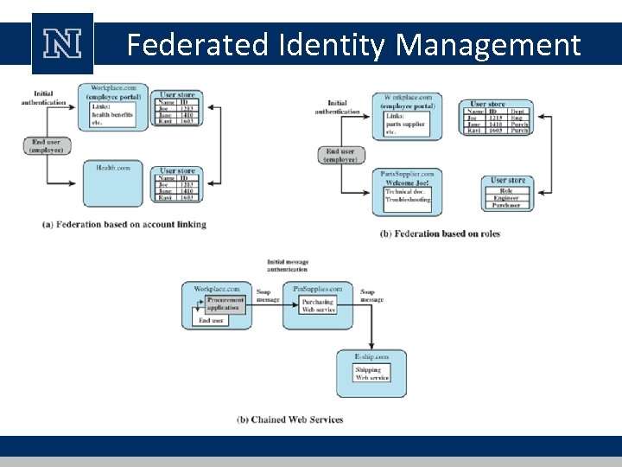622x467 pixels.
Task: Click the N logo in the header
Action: coord(62,44)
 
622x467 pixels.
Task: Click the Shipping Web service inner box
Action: coord(373,374)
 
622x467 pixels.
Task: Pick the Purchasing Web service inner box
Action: coord(318,306)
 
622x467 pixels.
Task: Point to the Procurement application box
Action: coord(225,304)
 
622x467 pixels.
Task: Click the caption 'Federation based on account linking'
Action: coord(124,225)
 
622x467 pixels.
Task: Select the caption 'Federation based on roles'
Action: coord(440,233)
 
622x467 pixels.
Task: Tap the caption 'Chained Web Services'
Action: coord(290,419)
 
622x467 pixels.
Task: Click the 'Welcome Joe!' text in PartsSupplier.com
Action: coord(408,182)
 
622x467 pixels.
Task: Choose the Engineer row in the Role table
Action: coord(506,198)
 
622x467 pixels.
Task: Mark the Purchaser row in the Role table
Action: coord(506,206)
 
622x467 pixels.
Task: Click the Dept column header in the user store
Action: coord(517,112)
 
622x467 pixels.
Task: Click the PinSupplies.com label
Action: coord(318,289)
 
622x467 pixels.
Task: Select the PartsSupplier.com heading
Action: coord(407,174)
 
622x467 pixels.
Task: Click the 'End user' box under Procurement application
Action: coord(211,321)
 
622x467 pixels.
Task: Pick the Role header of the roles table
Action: coord(506,190)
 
